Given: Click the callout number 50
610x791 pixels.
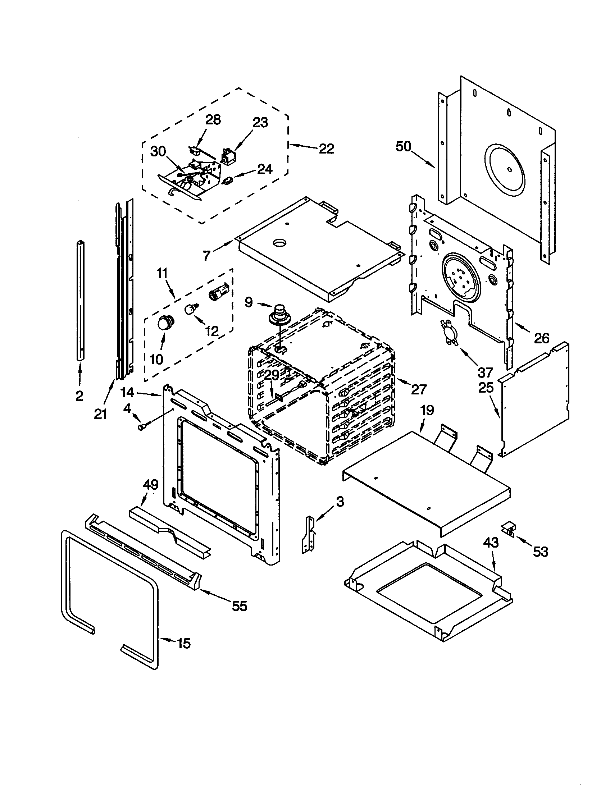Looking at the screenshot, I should click(404, 146).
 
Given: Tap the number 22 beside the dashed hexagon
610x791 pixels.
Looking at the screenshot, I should click(326, 148).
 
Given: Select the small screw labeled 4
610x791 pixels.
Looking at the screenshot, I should click(141, 427).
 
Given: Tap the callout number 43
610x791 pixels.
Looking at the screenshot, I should click(491, 543).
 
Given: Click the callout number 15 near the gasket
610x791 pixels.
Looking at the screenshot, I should click(184, 644).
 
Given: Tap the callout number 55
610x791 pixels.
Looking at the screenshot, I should click(239, 605).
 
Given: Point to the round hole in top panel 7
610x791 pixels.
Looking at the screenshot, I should click(279, 243).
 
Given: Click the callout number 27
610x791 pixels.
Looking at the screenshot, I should click(419, 389).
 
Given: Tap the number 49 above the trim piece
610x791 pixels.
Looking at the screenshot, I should click(151, 485).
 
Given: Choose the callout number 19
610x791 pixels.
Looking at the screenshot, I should click(427, 410).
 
